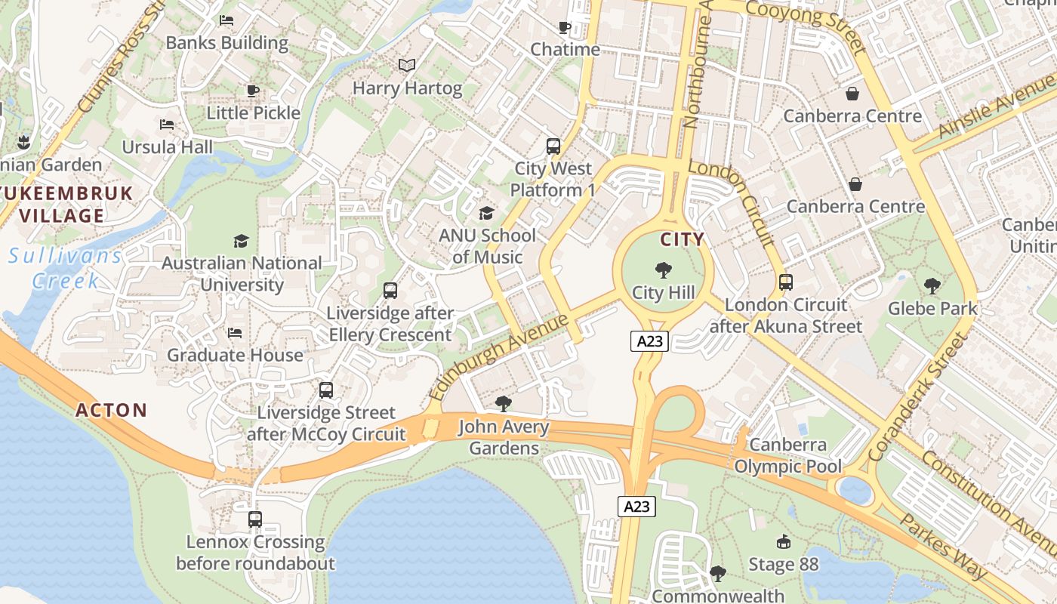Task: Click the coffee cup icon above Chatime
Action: [x=564, y=28]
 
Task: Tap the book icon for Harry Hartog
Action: [x=407, y=66]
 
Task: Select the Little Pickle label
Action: [x=254, y=112]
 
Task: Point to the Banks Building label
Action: [x=226, y=42]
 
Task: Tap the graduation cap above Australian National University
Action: [x=241, y=241]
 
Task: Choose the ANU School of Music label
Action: [x=487, y=246]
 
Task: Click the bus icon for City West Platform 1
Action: [x=553, y=146]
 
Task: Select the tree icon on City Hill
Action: [x=664, y=270]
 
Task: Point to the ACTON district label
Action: [x=112, y=411]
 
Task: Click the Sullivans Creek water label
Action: [x=66, y=268]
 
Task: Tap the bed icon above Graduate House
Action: [x=235, y=332]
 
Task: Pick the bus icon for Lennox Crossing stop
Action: [x=255, y=519]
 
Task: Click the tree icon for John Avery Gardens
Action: [x=504, y=404]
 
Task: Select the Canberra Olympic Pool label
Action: [x=787, y=455]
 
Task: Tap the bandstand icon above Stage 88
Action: [x=783, y=541]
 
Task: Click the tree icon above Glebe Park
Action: [x=932, y=286]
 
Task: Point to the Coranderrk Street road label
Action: [x=917, y=397]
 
